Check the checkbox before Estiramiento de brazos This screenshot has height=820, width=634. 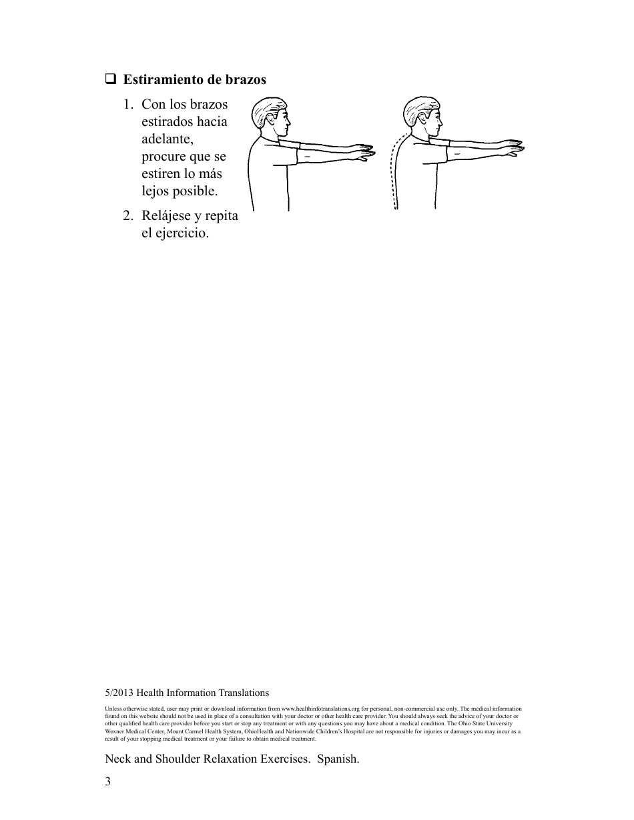click(110, 79)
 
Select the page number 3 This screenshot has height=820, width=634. click(107, 781)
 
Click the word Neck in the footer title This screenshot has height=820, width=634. click(118, 759)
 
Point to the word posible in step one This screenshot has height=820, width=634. click(194, 191)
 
